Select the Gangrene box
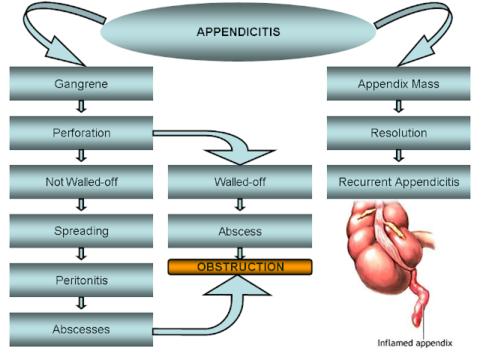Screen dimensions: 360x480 (81, 84)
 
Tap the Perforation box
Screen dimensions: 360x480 (81, 133)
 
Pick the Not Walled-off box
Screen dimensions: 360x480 (81, 181)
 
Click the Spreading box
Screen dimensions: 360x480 (81, 230)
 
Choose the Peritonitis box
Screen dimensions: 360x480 (81, 280)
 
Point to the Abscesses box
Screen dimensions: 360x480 (81, 329)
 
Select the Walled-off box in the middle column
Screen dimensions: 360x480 (239, 181)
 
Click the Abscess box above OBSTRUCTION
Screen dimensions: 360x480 (239, 231)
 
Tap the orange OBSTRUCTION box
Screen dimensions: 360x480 (239, 267)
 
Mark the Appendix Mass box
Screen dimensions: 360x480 (398, 84)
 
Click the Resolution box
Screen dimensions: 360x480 (398, 133)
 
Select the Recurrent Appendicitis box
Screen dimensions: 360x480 (398, 181)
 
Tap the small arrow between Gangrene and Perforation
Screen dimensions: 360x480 (81, 109)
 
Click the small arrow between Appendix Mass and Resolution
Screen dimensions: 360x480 (398, 109)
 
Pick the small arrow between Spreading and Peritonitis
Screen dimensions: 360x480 (81, 255)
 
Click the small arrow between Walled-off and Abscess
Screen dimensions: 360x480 (239, 206)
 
